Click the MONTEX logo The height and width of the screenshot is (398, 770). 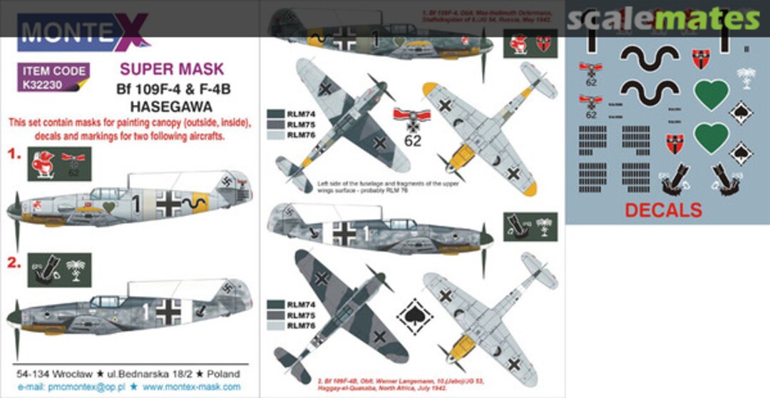coord(81,34)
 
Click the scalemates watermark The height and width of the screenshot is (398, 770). coord(663,19)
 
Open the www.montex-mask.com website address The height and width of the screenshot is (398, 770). coord(191,387)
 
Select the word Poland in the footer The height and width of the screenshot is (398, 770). coord(222,374)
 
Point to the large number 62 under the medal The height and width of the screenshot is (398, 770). coord(413,141)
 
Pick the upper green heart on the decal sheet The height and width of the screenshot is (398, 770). coord(711,94)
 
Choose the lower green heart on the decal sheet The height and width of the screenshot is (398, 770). coord(711,138)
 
